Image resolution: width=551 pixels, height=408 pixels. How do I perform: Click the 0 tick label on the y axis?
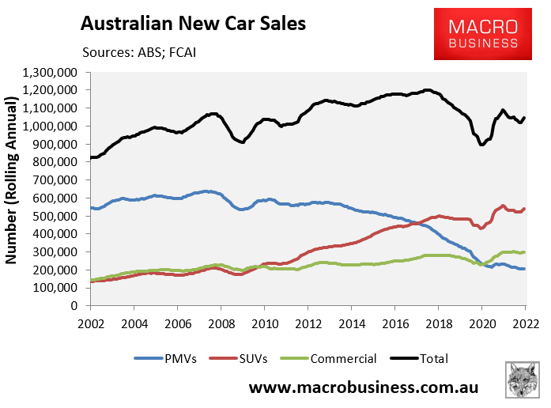pyautogui.click(x=83, y=306)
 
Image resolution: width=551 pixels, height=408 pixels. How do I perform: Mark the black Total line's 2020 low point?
pyautogui.click(x=481, y=145)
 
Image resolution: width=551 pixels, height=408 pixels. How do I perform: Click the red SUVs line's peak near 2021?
pyautogui.click(x=504, y=206)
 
